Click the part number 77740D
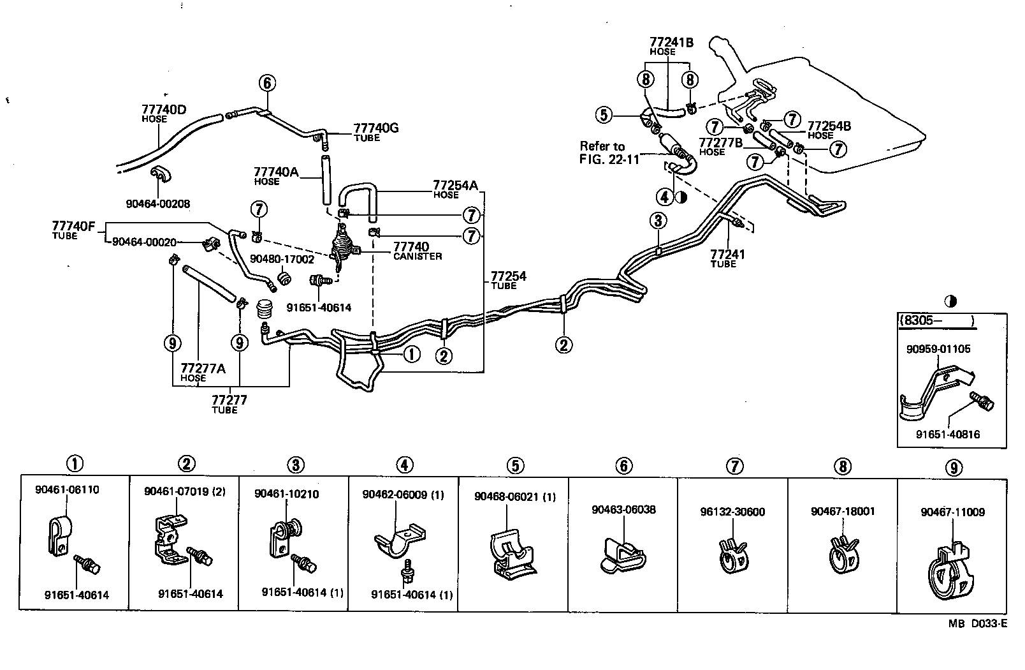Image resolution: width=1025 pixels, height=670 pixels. coord(164,109)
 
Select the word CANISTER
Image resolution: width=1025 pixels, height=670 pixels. coord(418,257)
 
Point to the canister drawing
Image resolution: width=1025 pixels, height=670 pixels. coord(344,248)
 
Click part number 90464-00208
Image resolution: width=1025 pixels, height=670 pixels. coord(158,204)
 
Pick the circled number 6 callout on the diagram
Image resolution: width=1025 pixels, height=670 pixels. coord(267,83)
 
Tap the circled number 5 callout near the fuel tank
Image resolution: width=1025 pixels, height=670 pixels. coord(604,115)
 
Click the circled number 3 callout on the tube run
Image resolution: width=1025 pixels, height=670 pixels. coord(658,221)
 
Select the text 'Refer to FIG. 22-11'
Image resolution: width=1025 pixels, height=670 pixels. coord(609,153)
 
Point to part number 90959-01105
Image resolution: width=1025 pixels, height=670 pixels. coord(938,349)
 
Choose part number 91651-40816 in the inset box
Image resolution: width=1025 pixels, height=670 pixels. coord(948,435)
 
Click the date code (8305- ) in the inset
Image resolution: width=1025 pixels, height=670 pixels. coord(937,321)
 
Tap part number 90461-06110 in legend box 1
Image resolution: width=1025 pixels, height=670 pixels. coord(67,490)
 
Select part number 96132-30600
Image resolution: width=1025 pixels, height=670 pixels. coord(732,512)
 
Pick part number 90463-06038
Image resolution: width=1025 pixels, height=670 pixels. coord(623,509)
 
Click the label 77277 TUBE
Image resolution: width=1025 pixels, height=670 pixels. coord(229,404)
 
